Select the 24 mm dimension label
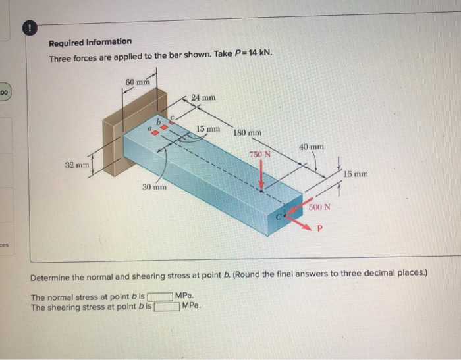pyautogui.click(x=203, y=97)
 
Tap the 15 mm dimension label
pyautogui.click(x=208, y=128)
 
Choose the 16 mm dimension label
pyautogui.click(x=356, y=174)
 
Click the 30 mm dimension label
pyautogui.click(x=155, y=188)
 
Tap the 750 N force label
pyautogui.click(x=259, y=155)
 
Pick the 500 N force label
pyautogui.click(x=319, y=207)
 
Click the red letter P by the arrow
pyautogui.click(x=321, y=230)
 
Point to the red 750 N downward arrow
pyautogui.click(x=262, y=176)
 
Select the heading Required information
pyautogui.click(x=90, y=42)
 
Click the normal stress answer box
pyautogui.click(x=161, y=297)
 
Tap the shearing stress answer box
pyautogui.click(x=167, y=306)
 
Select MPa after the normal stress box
pyautogui.click(x=185, y=297)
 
